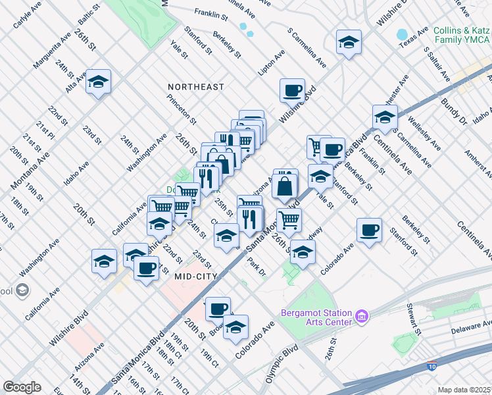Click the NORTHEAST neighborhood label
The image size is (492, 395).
click(195, 87)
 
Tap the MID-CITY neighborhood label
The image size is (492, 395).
click(195, 277)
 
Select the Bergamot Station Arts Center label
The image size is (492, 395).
click(316, 317)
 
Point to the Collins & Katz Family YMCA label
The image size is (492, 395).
click(462, 36)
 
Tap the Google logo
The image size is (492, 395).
click(22, 387)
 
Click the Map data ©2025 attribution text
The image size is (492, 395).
click(464, 390)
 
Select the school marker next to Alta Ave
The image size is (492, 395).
click(99, 82)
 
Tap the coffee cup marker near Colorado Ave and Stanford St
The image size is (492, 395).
click(369, 230)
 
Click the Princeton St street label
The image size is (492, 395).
click(182, 109)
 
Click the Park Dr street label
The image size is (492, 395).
click(257, 267)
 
